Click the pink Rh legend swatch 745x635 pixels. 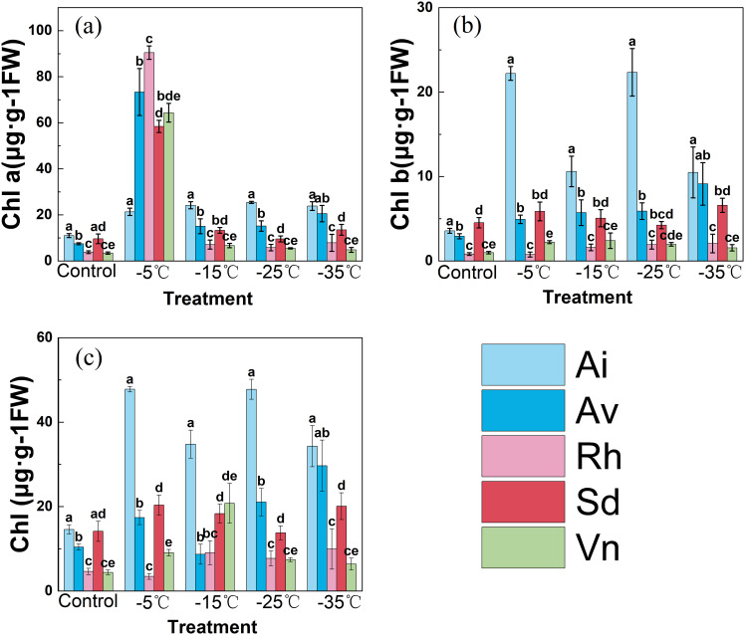tap(523, 456)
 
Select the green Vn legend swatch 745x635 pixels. tap(523, 547)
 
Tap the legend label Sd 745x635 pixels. tap(598, 502)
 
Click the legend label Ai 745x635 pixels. tap(592, 364)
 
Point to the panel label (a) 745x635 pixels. tap(89, 27)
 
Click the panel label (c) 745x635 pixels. tap(89, 358)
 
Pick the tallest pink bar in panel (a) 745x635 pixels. tap(148, 156)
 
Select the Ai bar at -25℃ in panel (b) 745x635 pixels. tap(631, 166)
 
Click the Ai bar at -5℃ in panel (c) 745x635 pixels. tap(129, 490)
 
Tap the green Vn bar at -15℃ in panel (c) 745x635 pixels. tap(229, 546)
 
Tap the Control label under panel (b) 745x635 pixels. tap(467, 273)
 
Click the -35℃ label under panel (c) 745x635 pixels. tap(340, 603)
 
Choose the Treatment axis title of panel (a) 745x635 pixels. tap(208, 299)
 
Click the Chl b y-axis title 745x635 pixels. tap(400, 133)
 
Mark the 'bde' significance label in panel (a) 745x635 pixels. tap(168, 96)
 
